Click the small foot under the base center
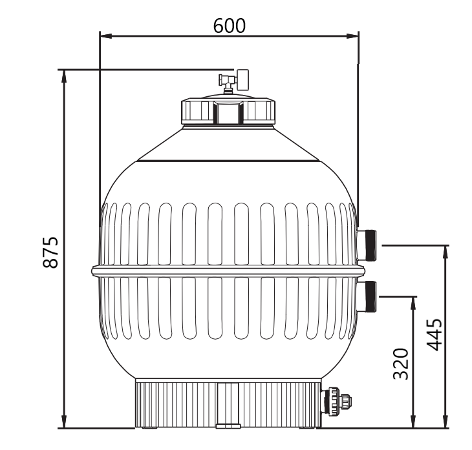[x=228, y=426]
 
